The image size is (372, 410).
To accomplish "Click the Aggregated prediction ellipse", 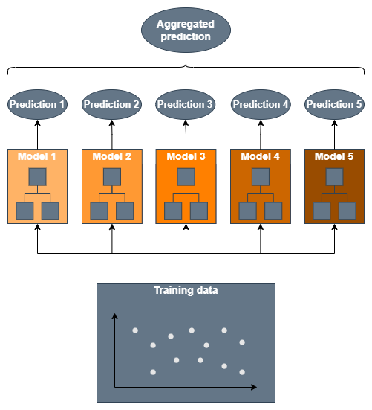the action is (186, 30).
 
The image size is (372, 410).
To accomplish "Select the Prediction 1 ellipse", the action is (37, 105).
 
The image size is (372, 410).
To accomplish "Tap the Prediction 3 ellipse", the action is (185, 105).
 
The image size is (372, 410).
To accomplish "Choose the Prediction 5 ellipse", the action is (334, 105).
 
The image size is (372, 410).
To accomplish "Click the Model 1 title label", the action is (37, 156).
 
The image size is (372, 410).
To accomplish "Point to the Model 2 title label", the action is (111, 156).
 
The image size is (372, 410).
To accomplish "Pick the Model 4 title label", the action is (260, 156).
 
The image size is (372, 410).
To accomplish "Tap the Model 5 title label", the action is (334, 156).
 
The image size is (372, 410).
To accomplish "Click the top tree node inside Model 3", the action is (186, 177).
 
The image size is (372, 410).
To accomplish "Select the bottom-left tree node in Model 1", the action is (25, 211).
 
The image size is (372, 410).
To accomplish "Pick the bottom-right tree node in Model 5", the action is (347, 211).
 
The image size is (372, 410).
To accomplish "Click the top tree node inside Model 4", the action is (261, 177).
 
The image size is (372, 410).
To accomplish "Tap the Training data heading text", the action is (186, 290).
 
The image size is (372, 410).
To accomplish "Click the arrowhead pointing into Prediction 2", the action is (112, 123).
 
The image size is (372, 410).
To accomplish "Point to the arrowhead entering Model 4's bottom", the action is (261, 227).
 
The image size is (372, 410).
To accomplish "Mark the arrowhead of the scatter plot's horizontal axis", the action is (254, 387).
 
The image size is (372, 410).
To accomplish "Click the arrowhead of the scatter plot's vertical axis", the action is (114, 316).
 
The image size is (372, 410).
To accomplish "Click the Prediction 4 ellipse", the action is (261, 105).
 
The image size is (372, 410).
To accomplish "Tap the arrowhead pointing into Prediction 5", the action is (334, 123).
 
